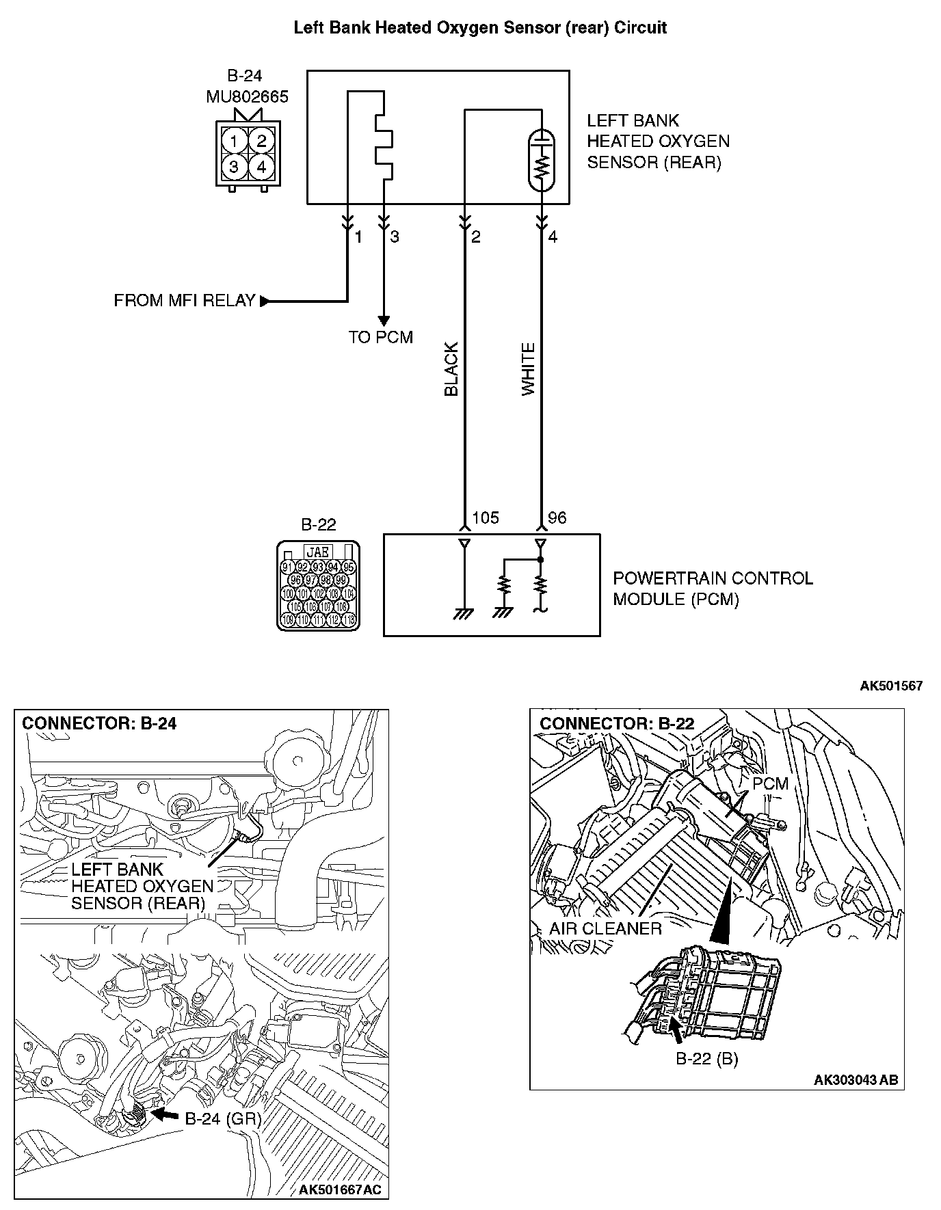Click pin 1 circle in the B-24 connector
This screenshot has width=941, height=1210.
(x=234, y=142)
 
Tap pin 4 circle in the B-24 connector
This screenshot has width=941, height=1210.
(x=261, y=166)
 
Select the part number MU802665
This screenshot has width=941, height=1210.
(x=247, y=97)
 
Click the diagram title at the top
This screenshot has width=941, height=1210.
(x=480, y=28)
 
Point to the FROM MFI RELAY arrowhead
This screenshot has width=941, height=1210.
(x=265, y=301)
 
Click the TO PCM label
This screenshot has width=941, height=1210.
(x=381, y=337)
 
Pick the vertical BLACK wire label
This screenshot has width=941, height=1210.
(x=451, y=370)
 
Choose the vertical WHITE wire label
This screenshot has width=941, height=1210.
(x=529, y=370)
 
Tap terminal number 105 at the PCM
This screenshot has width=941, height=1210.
(x=486, y=517)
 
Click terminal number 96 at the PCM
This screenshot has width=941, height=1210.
(x=557, y=517)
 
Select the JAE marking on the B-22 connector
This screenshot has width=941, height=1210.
(x=317, y=552)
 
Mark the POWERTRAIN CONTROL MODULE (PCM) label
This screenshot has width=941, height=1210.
(x=713, y=589)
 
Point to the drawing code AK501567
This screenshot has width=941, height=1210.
(x=891, y=686)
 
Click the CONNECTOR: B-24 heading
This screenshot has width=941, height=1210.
(x=100, y=724)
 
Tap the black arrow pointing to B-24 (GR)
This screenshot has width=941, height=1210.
(x=164, y=1114)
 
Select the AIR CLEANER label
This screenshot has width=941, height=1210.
(x=605, y=928)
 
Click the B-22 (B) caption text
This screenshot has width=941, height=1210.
(x=706, y=1059)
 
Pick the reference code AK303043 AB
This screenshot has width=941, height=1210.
(x=856, y=1080)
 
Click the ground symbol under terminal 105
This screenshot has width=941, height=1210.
(x=464, y=613)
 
